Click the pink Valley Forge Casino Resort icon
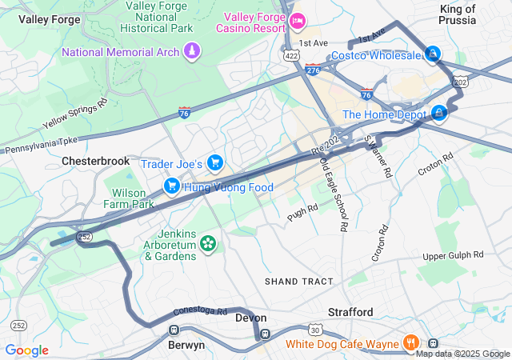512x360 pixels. tap(298, 21)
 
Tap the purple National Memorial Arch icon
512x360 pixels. tap(191, 52)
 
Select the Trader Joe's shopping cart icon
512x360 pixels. tap(214, 163)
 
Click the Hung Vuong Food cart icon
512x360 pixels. tap(171, 186)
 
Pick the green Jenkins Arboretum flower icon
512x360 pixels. tap(208, 242)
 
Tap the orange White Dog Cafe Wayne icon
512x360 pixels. tap(410, 343)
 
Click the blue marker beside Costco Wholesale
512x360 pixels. tap(432, 54)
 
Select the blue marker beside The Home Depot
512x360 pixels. tap(438, 114)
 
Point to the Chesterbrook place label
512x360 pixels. tap(95, 161)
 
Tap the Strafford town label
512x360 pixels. tap(350, 311)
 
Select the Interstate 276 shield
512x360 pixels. tap(313, 70)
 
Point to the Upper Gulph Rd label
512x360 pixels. tap(454, 255)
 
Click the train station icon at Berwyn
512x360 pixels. tap(173, 330)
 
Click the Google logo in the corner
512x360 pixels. tap(27, 350)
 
